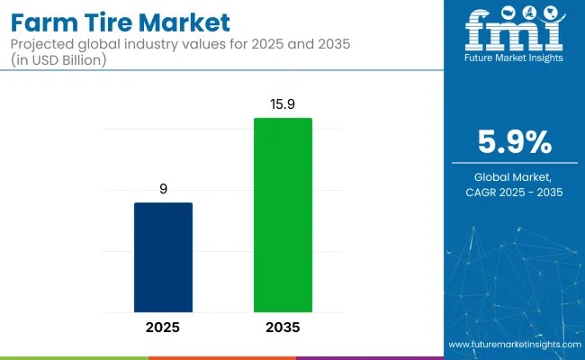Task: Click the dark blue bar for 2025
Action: point(163,256)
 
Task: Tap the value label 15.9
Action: point(283,106)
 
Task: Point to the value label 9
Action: point(163,190)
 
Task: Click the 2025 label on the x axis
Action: point(163,327)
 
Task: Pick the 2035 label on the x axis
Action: point(283,327)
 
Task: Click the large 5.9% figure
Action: point(515,142)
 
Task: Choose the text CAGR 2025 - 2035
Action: point(515,193)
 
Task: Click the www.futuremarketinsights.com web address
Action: point(513,345)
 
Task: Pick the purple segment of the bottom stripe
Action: point(369,357)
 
